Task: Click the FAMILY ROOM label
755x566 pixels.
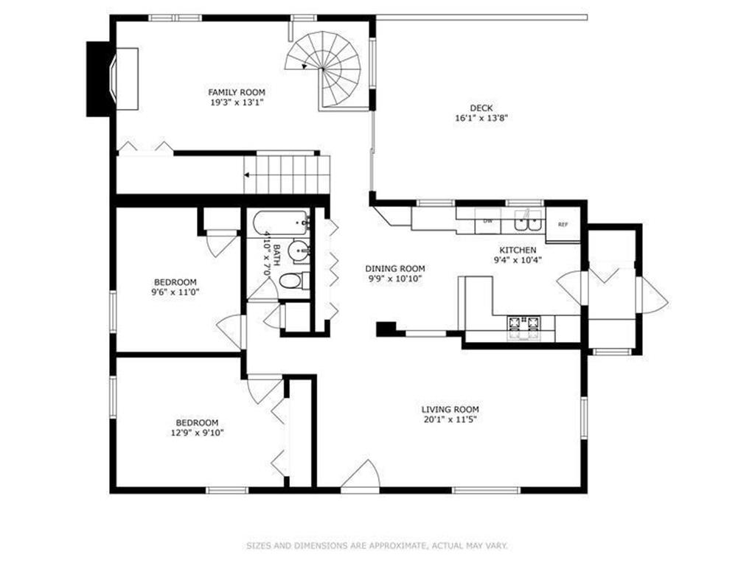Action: point(237,92)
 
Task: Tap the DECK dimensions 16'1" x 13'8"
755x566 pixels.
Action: point(481,118)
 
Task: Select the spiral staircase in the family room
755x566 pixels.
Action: point(323,71)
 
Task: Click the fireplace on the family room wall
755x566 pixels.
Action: point(113,79)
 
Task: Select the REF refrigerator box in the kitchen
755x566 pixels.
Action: point(563,224)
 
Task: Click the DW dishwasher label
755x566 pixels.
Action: point(488,221)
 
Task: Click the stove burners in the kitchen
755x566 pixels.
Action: point(523,326)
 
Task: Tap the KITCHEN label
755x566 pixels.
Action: point(518,251)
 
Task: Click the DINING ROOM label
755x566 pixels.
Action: point(395,268)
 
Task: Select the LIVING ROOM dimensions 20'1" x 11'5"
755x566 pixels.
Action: point(450,419)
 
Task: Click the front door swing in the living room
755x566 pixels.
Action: point(360,475)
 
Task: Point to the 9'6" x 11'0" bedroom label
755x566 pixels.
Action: point(175,292)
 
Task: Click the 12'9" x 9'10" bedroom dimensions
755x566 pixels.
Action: point(197,433)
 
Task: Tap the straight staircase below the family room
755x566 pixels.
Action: point(287,174)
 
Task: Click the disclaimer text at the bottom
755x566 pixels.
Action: point(377,546)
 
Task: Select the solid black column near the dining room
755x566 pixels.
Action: point(386,329)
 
